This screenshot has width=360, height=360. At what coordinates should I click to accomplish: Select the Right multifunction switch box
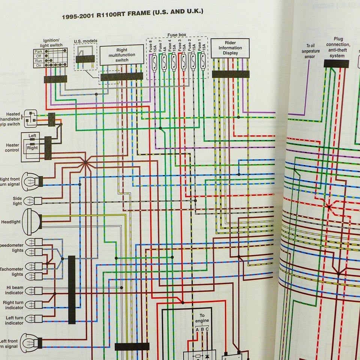(122, 55)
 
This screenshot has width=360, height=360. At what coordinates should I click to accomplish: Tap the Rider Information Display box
(230, 48)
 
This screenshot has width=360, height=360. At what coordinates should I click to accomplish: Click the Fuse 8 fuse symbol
(154, 62)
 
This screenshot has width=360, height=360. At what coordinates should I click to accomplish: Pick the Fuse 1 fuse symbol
(203, 62)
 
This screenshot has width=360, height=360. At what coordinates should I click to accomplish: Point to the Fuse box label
(177, 35)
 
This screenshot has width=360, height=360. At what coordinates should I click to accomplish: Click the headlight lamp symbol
(31, 222)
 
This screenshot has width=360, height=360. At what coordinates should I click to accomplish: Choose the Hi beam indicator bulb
(33, 291)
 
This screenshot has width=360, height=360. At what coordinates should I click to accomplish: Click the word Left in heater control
(32, 135)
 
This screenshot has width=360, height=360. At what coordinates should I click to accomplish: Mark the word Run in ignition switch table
(38, 60)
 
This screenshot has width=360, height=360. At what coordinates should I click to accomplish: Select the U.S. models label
(85, 41)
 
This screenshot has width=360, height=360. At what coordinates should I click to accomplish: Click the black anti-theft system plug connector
(336, 64)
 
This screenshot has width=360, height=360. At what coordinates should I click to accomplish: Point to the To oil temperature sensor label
(310, 51)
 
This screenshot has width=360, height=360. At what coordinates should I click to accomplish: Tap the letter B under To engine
(202, 330)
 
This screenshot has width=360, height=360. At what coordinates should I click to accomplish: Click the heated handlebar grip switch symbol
(30, 118)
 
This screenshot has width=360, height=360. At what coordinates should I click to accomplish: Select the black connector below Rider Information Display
(230, 74)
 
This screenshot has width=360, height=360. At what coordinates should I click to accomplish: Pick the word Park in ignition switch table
(38, 51)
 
